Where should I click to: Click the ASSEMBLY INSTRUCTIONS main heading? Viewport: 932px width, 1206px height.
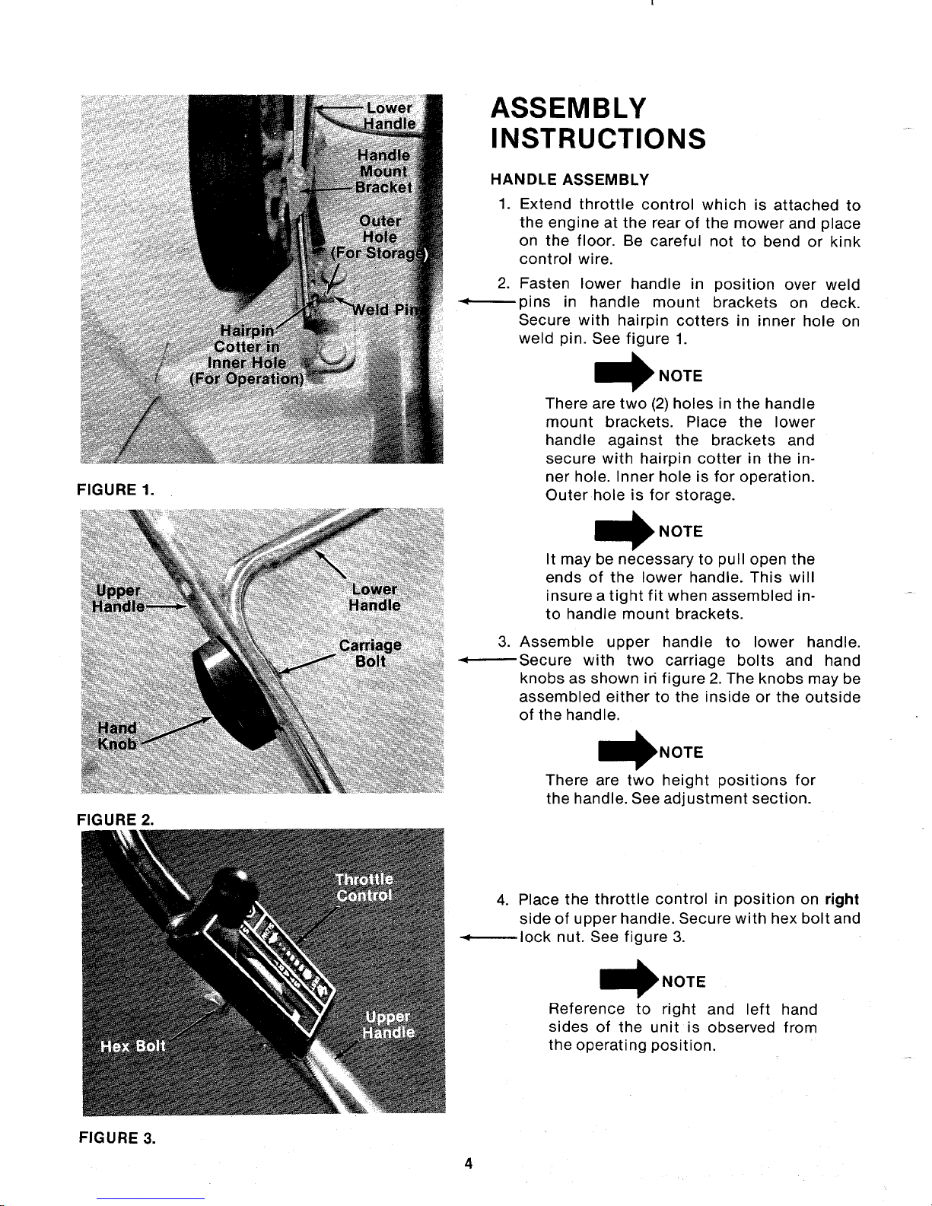(x=599, y=124)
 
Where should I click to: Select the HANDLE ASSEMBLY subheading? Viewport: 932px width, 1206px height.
(x=570, y=180)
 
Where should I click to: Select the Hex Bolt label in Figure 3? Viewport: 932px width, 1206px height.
(x=133, y=1045)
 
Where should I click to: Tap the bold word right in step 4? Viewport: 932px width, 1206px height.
(x=841, y=899)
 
